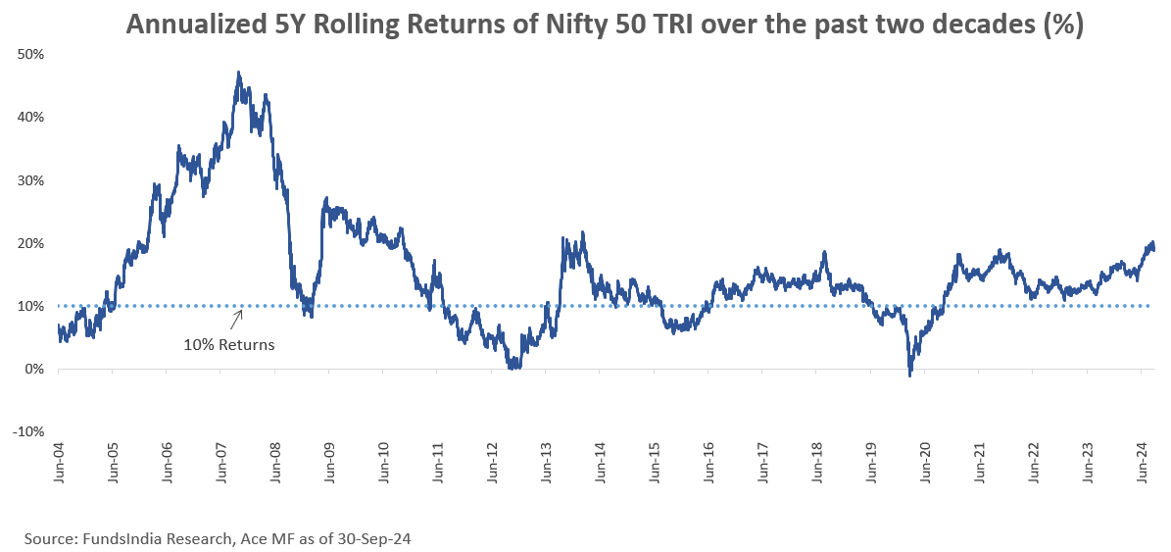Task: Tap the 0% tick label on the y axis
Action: click(x=35, y=370)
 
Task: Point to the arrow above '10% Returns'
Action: click(x=236, y=319)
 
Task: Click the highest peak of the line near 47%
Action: click(x=239, y=73)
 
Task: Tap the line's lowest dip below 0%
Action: click(x=910, y=375)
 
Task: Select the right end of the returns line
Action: click(x=1153, y=249)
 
